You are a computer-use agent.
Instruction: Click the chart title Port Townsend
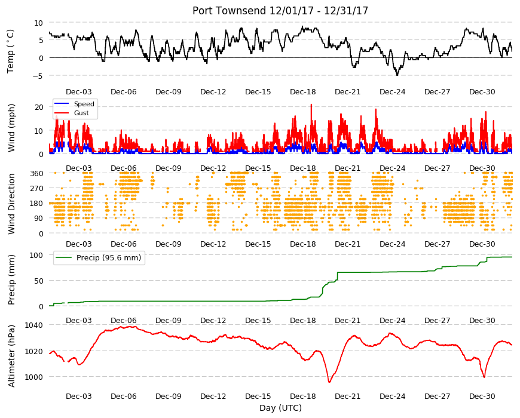[229, 11]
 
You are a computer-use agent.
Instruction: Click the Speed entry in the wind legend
[84, 104]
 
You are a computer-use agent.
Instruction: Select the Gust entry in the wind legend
[81, 113]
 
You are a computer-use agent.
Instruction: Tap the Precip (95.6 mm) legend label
[109, 258]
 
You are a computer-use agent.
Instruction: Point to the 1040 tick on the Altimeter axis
[33, 325]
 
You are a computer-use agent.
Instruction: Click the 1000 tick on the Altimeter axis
[33, 377]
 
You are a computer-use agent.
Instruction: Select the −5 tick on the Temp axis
[38, 76]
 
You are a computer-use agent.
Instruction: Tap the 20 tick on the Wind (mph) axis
[39, 107]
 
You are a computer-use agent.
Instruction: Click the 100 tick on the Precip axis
[36, 255]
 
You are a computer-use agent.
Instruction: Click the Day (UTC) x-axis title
[280, 408]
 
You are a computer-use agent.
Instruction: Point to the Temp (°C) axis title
[11, 51]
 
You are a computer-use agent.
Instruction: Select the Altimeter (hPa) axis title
[11, 356]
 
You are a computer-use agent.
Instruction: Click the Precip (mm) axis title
[11, 280]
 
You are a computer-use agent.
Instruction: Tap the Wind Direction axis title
[11, 204]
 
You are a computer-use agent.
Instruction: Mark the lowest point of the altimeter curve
[329, 382]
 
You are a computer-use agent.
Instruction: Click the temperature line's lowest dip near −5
[397, 75]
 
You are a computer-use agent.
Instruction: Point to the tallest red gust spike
[311, 105]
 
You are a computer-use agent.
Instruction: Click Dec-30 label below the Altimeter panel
[482, 396]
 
